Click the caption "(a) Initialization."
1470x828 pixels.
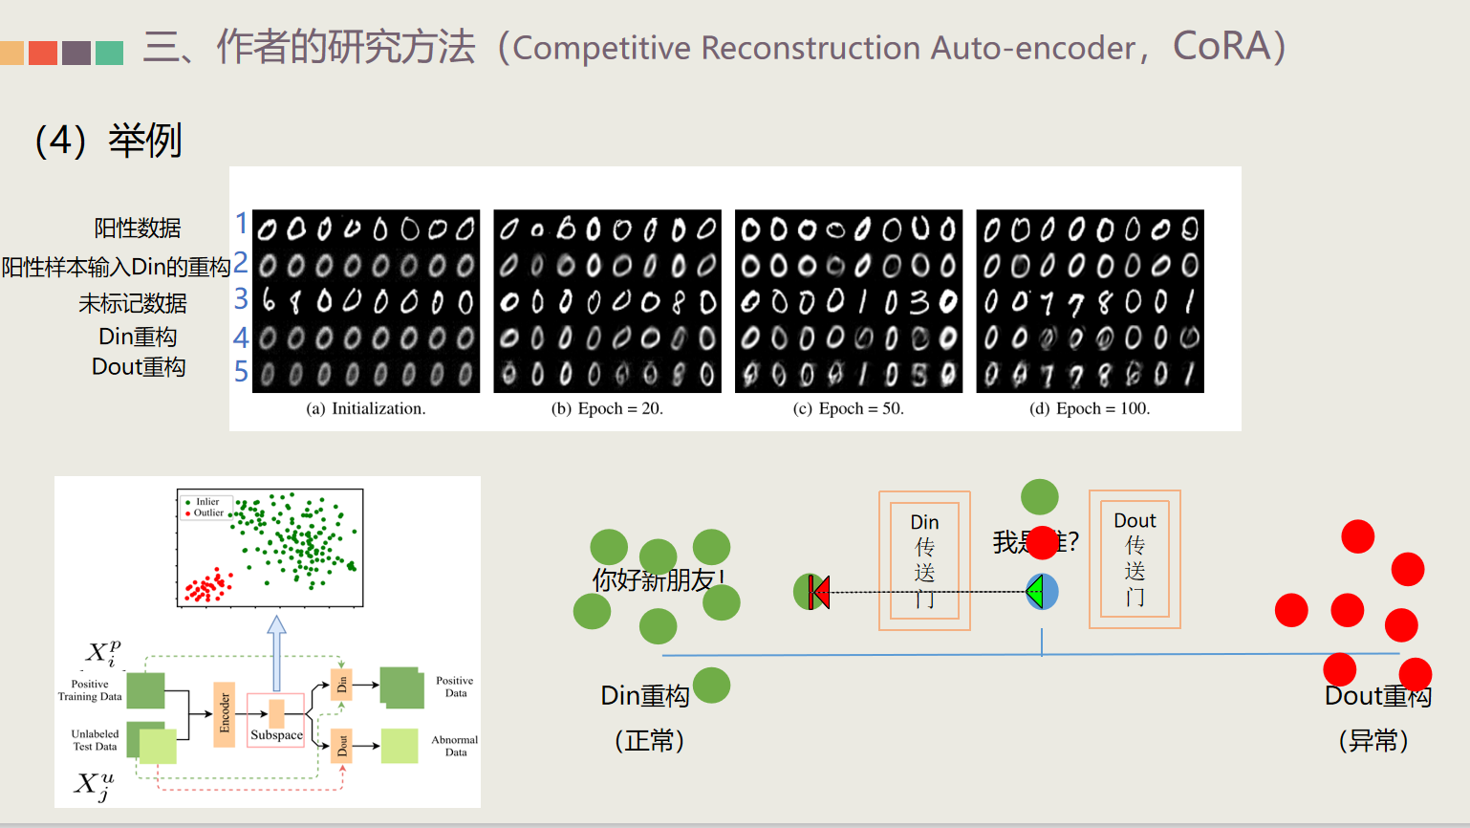point(365,408)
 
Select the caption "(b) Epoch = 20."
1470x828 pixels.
point(607,408)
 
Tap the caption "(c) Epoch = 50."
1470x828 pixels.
point(848,408)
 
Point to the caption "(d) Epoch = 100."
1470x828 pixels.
point(1090,408)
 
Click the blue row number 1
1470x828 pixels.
point(242,224)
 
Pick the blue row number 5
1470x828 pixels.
point(242,372)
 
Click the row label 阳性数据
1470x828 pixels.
point(138,229)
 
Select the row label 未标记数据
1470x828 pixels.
point(133,304)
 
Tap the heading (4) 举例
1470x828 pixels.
point(108,141)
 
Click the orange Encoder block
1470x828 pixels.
point(225,713)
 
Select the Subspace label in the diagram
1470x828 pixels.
point(276,735)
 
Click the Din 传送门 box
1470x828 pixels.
point(924,560)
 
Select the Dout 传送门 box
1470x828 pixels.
point(1135,559)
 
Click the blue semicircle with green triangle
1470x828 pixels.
point(1043,592)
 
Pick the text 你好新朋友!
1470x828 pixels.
point(659,579)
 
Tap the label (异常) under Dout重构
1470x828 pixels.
point(1373,740)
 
